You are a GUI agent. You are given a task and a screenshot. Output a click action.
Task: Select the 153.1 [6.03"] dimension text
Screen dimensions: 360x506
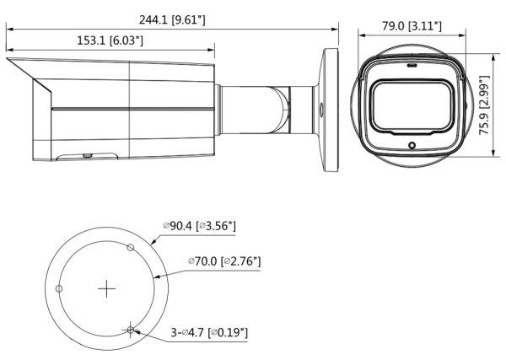pyautogui.click(x=110, y=40)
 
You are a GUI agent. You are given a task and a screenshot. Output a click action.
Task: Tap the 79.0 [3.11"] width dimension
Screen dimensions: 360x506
pyautogui.click(x=412, y=26)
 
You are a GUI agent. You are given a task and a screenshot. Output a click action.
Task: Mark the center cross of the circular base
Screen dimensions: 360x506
pyautogui.click(x=106, y=289)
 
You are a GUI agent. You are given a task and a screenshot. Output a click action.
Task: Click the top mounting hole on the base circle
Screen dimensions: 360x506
pyautogui.click(x=130, y=247)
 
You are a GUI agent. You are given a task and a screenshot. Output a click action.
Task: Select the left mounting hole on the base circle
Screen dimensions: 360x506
pyautogui.click(x=58, y=289)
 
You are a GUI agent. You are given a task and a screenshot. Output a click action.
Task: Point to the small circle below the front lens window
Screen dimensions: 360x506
pyautogui.click(x=412, y=146)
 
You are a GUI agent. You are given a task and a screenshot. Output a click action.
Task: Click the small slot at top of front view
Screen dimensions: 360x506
pyautogui.click(x=412, y=64)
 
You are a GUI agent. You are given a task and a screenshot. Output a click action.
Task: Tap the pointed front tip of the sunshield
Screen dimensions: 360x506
pyautogui.click(x=8, y=60)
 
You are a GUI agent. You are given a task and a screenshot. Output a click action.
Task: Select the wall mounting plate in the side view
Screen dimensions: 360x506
pyautogui.click(x=330, y=109)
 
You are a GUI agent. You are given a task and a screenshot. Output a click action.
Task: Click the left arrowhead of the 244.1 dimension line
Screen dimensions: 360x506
pyautogui.click(x=9, y=28)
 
